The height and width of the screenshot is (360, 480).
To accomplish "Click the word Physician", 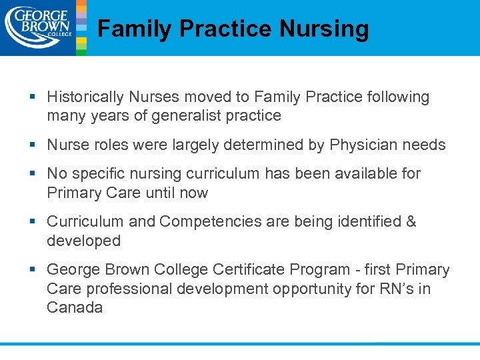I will click(365, 145).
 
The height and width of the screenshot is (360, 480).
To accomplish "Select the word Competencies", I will click(209, 222).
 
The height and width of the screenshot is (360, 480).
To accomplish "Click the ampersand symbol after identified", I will click(411, 222).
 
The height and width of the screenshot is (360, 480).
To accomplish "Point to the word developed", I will click(83, 241).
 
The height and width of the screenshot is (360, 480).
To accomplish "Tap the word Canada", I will click(75, 308).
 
